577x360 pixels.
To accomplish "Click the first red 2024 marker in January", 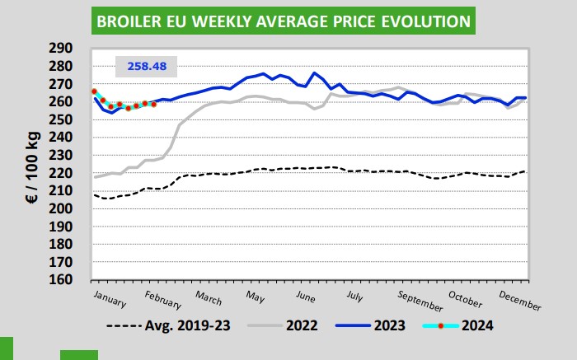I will pyautogui.click(x=94, y=91).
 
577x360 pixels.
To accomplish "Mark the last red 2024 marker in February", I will pyautogui.click(x=154, y=104).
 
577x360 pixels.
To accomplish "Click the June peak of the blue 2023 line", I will pyautogui.click(x=315, y=72).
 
